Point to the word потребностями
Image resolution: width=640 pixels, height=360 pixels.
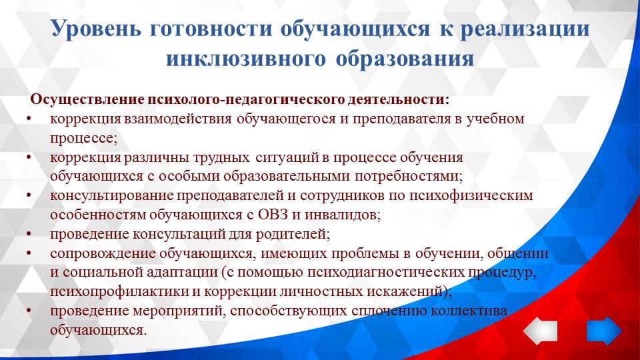(412, 177)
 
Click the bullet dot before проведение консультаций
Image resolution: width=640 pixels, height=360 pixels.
(29, 235)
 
